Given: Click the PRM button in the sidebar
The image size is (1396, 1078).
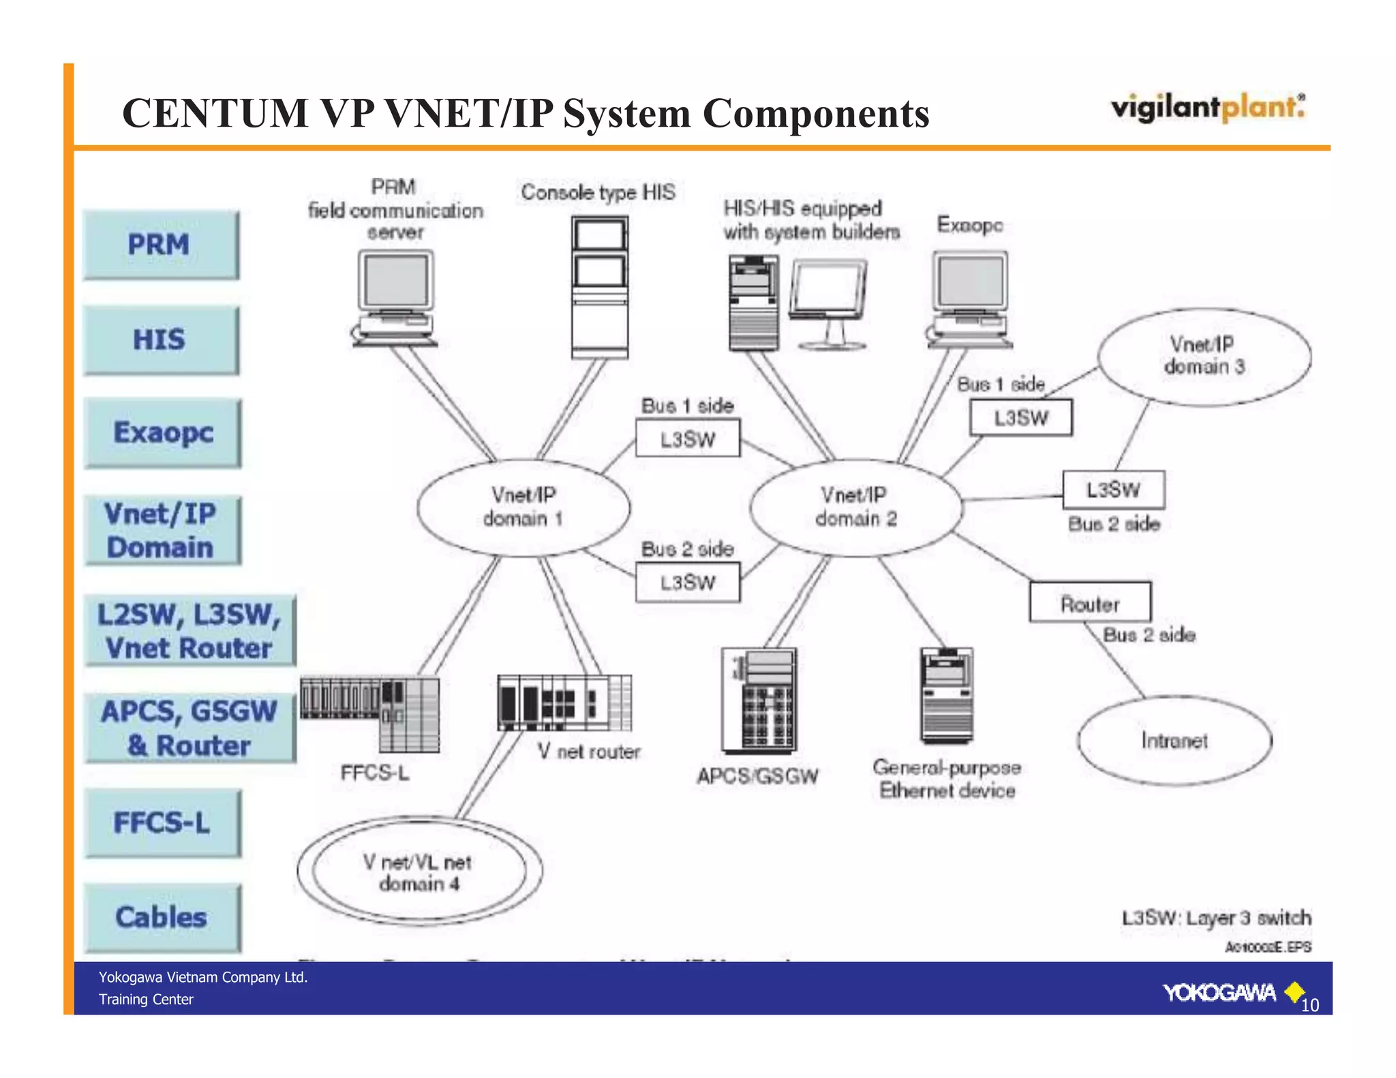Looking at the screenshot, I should pyautogui.click(x=161, y=245).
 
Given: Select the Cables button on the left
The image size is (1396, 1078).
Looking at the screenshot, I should pyautogui.click(x=162, y=917).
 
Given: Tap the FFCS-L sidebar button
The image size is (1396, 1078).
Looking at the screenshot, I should pyautogui.click(x=162, y=822).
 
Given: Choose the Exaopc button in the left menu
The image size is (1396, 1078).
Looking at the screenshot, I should pyautogui.click(x=163, y=433).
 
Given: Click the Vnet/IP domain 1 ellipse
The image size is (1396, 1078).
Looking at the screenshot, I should pyautogui.click(x=523, y=508).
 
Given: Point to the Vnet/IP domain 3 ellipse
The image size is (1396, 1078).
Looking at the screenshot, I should pyautogui.click(x=1204, y=356).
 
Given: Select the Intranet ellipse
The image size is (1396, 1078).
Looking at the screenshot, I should pyautogui.click(x=1174, y=741).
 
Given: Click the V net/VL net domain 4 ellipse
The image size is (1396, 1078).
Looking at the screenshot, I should pyautogui.click(x=419, y=872).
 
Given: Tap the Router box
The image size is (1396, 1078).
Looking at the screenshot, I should pyautogui.click(x=1090, y=602).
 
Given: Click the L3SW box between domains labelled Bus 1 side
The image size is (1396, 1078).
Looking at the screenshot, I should pyautogui.click(x=687, y=439).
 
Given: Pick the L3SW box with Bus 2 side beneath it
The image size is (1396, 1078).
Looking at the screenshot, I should pyautogui.click(x=1113, y=490).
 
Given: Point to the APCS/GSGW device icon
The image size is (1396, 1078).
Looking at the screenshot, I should pyautogui.click(x=759, y=700).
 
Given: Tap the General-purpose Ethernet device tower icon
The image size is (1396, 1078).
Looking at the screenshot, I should pyautogui.click(x=946, y=695).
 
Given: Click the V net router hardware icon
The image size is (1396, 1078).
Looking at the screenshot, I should pyautogui.click(x=564, y=703).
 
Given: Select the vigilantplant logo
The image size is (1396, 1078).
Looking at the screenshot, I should pyautogui.click(x=1208, y=108).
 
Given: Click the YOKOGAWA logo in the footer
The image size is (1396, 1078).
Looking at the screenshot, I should pyautogui.click(x=1219, y=993).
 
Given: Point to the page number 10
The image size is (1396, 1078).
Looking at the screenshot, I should pyautogui.click(x=1309, y=1005).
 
